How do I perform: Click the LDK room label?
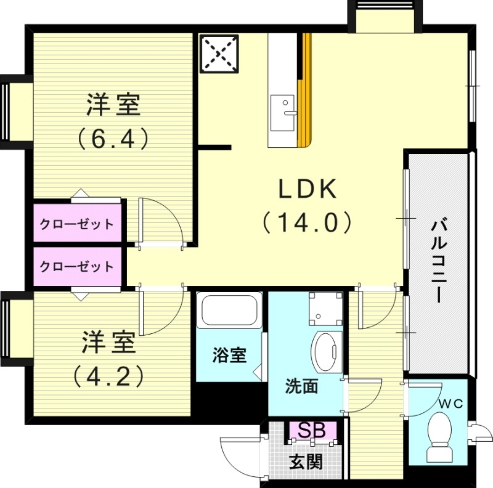(x=308, y=189)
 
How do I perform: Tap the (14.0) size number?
(x=308, y=222)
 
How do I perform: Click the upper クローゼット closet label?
(x=77, y=224)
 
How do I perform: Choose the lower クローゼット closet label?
(x=77, y=267)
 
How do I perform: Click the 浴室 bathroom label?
(x=229, y=356)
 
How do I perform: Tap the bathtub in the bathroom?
(x=229, y=312)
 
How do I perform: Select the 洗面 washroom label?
(x=301, y=386)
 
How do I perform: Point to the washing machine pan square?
(x=325, y=307)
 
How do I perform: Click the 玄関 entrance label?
(x=306, y=461)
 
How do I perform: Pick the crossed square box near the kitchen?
(x=219, y=54)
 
